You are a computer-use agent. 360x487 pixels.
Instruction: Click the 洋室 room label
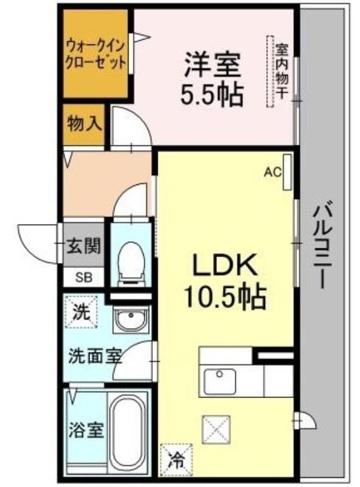(212, 65)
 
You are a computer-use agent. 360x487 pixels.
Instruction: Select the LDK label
(225, 265)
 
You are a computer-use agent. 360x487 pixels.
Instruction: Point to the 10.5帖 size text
(225, 296)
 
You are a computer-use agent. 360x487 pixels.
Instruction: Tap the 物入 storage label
(84, 124)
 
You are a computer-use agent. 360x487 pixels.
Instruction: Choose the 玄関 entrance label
(83, 246)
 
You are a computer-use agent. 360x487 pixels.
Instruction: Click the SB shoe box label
(84, 278)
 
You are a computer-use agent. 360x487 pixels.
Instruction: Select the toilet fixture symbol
(132, 263)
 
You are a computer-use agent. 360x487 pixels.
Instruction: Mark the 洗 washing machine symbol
(81, 312)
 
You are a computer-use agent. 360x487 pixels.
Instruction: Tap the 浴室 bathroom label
(86, 430)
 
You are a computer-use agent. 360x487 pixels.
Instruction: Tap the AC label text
(272, 172)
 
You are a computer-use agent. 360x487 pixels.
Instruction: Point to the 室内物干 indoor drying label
(282, 71)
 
